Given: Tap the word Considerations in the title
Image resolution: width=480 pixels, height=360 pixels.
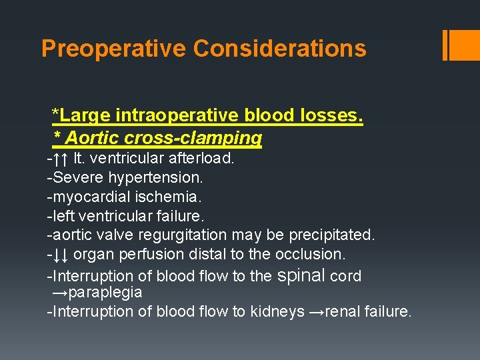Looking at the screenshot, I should click(x=279, y=49).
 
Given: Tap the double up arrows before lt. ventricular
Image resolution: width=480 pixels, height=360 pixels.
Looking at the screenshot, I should click(x=61, y=159).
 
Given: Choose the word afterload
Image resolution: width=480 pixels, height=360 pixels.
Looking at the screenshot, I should click(x=201, y=159).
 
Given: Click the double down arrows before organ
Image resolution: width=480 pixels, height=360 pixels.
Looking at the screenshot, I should click(x=61, y=254).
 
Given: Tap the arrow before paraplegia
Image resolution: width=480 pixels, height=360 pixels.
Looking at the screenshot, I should click(x=59, y=293).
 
